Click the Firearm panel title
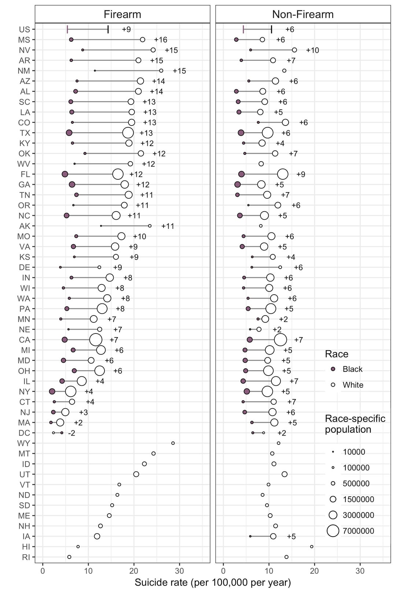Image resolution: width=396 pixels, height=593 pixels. [x=122, y=14]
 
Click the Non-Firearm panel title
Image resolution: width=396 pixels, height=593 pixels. [x=303, y=14]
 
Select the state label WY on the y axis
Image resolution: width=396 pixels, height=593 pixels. [x=24, y=443]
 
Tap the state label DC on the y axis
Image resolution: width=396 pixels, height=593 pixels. [x=24, y=433]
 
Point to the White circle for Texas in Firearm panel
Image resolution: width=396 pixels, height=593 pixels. [x=128, y=133]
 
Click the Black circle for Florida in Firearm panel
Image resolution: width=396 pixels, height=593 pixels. [x=65, y=174]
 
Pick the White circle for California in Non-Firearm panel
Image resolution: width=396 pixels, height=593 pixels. [x=280, y=340]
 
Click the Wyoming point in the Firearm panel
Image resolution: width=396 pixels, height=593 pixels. [x=173, y=443]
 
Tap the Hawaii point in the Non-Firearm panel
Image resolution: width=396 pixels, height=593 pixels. [x=312, y=547]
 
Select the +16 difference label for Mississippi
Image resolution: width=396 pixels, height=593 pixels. [x=161, y=40]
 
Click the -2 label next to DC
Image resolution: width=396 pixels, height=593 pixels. [x=71, y=433]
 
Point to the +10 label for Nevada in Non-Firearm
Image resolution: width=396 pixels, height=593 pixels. [x=312, y=50]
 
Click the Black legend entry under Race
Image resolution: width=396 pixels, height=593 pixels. [x=352, y=369]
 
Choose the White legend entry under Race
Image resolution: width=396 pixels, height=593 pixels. [x=353, y=385]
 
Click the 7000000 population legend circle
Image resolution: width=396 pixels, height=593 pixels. [x=333, y=530]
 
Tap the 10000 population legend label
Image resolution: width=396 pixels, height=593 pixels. [x=354, y=452]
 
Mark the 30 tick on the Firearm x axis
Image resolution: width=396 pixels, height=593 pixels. [x=179, y=571]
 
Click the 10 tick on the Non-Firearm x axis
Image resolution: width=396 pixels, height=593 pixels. [x=269, y=571]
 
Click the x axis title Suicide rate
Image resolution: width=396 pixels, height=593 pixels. [x=213, y=582]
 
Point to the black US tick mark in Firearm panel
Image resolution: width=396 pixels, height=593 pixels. [x=108, y=29]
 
